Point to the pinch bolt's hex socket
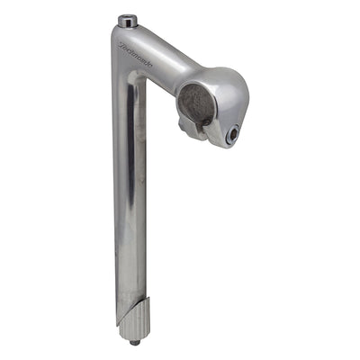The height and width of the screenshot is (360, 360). click(x=233, y=134)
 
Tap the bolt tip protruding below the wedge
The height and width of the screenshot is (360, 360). click(x=135, y=342)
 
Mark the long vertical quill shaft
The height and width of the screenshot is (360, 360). click(x=130, y=198)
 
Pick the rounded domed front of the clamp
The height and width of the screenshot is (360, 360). click(x=229, y=94)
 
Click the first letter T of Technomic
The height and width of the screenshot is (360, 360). click(x=121, y=41)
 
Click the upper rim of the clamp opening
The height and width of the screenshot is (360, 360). click(x=195, y=83)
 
